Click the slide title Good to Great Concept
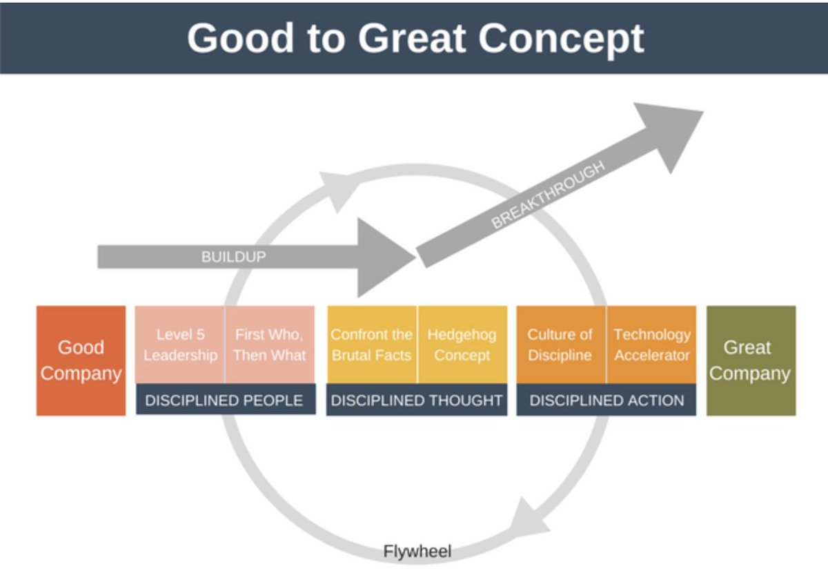point(415,37)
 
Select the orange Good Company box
point(81,360)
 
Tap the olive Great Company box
point(750,360)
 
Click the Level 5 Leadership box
point(180,345)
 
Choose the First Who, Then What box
point(269,345)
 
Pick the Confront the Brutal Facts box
point(371,345)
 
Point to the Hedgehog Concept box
point(462,345)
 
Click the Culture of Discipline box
point(560,345)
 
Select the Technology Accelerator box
point(651,345)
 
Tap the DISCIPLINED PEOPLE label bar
point(224,400)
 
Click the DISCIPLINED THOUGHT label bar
point(416,400)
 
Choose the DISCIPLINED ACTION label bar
point(607,400)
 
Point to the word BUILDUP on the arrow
point(233,257)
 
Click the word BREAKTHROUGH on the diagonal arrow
point(549,195)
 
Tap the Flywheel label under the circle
point(417,552)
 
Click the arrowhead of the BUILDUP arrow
point(383,257)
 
